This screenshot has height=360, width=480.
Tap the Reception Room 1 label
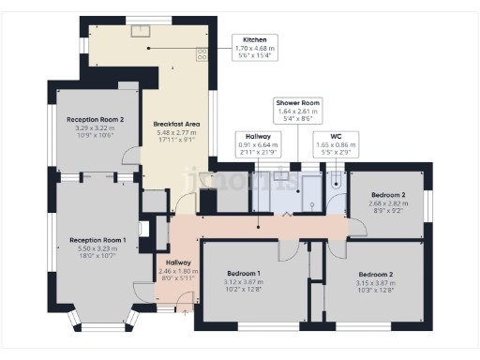pos(97,240)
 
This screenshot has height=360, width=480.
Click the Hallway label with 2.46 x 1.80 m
pos(178,262)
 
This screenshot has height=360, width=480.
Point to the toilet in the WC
pos(336,186)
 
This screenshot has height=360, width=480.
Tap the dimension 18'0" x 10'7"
pos(97,254)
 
